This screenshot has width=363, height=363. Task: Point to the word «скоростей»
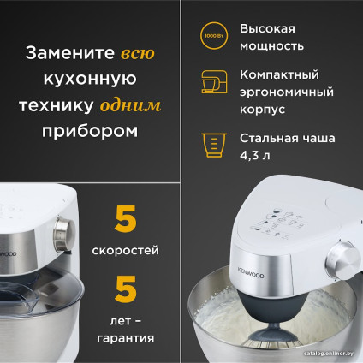point(125,253)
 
